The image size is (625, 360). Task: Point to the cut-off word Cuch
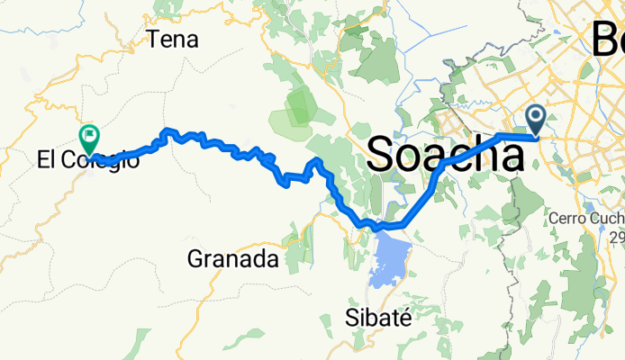point(606,219)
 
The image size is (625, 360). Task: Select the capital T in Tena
point(154,40)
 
